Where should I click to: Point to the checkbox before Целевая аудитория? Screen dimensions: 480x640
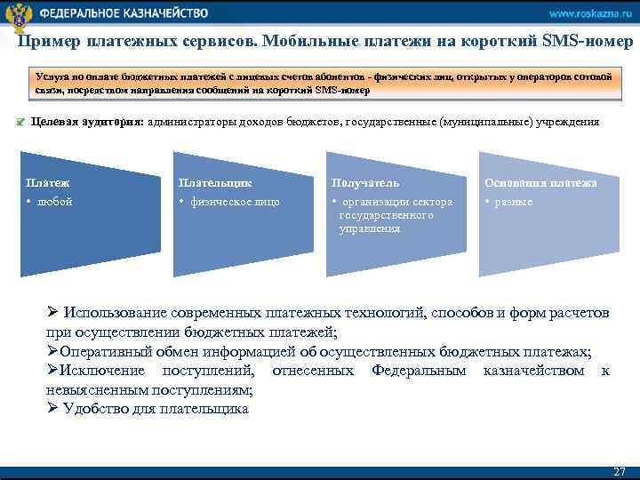tap(22, 123)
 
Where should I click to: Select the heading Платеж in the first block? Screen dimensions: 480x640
tap(48, 183)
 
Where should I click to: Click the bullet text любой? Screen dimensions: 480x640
tap(53, 202)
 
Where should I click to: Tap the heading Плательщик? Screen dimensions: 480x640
tap(214, 183)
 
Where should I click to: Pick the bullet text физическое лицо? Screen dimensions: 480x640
tap(233, 202)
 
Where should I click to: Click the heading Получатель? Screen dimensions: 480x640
tap(366, 183)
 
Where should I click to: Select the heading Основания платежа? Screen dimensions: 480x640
tap(540, 183)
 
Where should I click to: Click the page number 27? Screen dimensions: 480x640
tap(620, 471)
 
